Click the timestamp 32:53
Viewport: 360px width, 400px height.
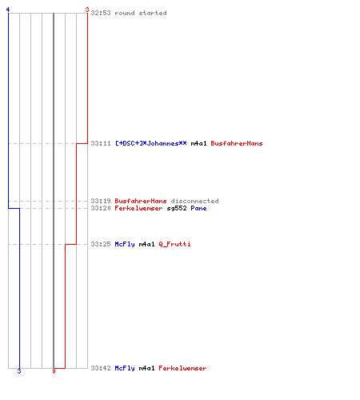pyautogui.click(x=101, y=13)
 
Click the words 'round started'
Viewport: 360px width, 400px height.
pyautogui.click(x=141, y=13)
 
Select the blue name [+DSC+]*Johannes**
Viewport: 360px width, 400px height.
pyautogui.click(x=151, y=143)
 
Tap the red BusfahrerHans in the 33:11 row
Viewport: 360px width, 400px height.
pyautogui.click(x=237, y=143)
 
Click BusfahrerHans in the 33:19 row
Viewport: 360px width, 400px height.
pyautogui.click(x=141, y=201)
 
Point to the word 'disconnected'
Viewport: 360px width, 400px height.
pyautogui.click(x=194, y=201)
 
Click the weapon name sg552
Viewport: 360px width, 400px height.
pyautogui.click(x=177, y=208)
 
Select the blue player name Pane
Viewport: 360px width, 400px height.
pyautogui.click(x=198, y=208)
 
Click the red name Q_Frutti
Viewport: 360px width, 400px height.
pyautogui.click(x=174, y=244)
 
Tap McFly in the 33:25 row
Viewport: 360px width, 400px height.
pyautogui.click(x=125, y=244)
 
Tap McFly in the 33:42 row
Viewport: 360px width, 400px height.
pyautogui.click(x=125, y=368)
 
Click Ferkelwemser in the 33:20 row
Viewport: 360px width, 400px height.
pyautogui.click(x=138, y=208)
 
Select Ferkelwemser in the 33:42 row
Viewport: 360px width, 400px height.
pyautogui.click(x=182, y=368)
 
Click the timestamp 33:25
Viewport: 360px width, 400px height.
pyautogui.click(x=101, y=244)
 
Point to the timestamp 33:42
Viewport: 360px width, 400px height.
pyautogui.click(x=101, y=368)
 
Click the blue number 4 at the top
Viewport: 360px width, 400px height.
pyautogui.click(x=8, y=10)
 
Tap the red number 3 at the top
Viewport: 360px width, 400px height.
pyautogui.click(x=87, y=10)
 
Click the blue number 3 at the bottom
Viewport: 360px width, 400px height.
pyautogui.click(x=19, y=371)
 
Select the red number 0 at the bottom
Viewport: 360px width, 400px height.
pyautogui.click(x=54, y=371)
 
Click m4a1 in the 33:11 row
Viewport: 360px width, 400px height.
pyautogui.click(x=198, y=143)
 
